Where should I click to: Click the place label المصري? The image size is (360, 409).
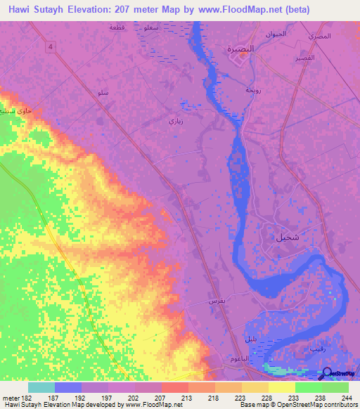coord(319,35)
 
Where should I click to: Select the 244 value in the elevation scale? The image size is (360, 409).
coord(345,397)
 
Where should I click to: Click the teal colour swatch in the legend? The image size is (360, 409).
coord(41,387)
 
